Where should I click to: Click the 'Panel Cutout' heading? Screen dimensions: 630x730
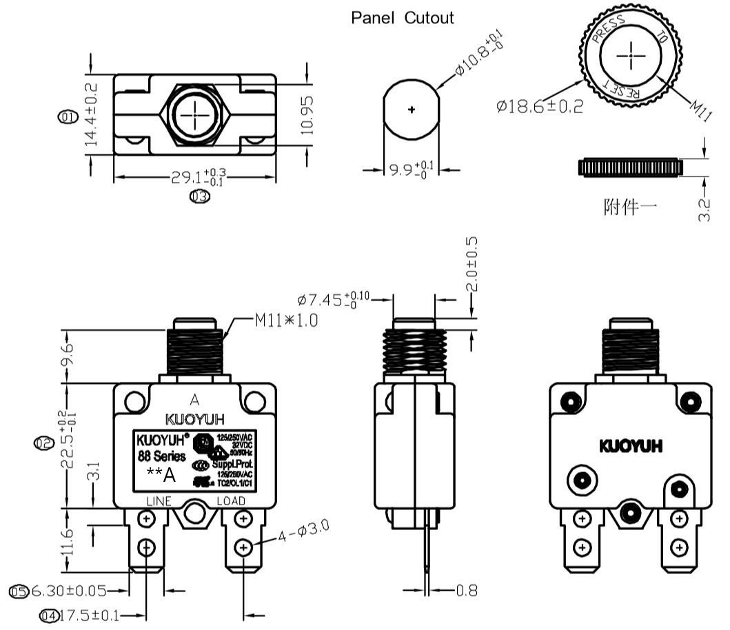click(403, 18)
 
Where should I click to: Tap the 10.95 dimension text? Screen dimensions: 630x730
click(307, 114)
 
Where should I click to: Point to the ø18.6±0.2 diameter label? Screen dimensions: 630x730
click(539, 106)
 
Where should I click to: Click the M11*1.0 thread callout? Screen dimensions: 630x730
click(286, 321)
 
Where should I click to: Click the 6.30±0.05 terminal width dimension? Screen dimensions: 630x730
click(77, 591)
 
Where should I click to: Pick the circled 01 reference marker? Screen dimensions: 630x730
click(68, 116)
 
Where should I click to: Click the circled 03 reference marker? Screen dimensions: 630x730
click(200, 196)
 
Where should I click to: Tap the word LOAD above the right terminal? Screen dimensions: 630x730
click(232, 500)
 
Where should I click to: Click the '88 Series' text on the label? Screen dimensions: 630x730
click(161, 456)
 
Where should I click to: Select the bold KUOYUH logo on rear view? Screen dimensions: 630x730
click(631, 446)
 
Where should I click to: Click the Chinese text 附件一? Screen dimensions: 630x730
click(631, 206)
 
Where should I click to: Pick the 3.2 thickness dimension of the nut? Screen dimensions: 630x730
click(704, 210)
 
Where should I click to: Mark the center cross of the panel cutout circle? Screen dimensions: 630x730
click(412, 110)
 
